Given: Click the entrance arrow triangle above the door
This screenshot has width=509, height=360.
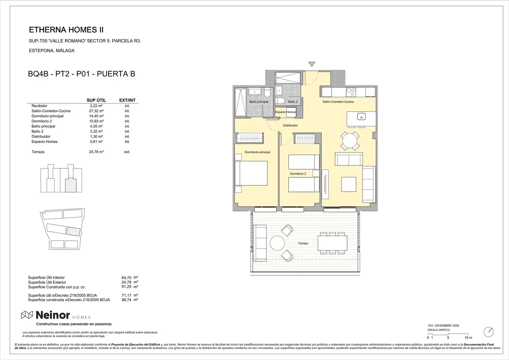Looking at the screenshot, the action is coord(312,64).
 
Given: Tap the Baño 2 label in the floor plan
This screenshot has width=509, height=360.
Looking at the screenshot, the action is coord(293,102).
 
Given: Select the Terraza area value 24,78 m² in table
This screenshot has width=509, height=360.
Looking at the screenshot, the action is coord(96,152).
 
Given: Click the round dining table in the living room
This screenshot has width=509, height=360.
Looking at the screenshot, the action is coord(350,141).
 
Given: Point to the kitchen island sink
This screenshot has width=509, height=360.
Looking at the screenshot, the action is coord(361,117).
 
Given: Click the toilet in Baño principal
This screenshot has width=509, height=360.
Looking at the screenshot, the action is coord(267,93).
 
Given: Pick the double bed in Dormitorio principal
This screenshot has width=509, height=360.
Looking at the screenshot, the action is coord(251,173).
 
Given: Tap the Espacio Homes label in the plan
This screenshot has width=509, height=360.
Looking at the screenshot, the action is coord(285,112).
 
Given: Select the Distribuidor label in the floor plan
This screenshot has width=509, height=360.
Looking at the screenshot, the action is coord(290,125).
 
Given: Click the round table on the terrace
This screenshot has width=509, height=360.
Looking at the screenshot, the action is coord(277,243).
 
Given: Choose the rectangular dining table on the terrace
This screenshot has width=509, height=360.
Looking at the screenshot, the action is coord(332,243).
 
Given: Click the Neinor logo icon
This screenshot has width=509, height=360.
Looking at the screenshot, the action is coord(27,315).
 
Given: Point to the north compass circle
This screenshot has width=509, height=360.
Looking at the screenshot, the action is coord(489,332).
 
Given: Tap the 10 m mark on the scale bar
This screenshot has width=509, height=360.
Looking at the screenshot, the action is coord(468,338).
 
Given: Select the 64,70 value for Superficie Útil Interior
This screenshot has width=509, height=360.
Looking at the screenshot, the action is coord(126,278).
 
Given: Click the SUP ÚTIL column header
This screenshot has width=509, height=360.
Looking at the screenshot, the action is coord(96,100).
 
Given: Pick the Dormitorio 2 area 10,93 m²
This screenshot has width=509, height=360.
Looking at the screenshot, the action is coord(96,121).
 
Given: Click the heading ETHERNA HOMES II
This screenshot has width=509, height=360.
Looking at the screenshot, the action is coord(66,30).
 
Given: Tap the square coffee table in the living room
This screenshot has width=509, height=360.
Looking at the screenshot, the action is coord(349,184).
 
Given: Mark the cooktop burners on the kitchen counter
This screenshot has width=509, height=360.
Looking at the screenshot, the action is coord(351,92).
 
